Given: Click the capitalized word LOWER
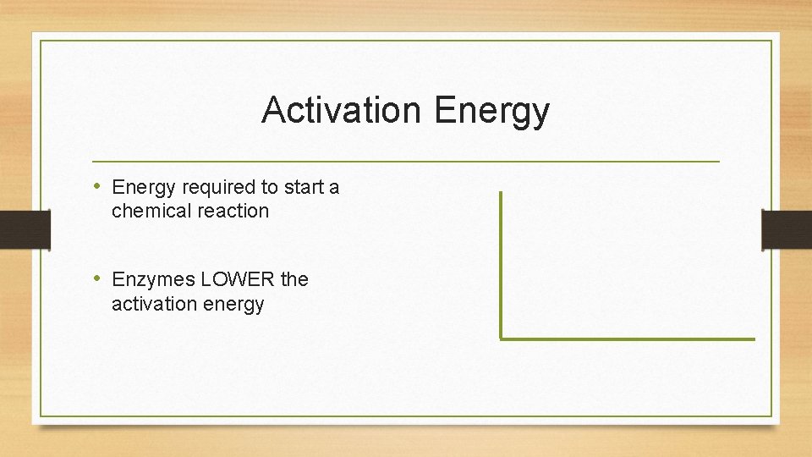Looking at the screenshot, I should pos(238,279).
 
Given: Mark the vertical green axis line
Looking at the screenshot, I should pos(501,262).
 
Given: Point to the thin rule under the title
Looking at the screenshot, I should pos(406,161).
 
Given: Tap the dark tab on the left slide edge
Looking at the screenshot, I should pos(25,230).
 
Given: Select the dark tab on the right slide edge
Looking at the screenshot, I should pos(787,230).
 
